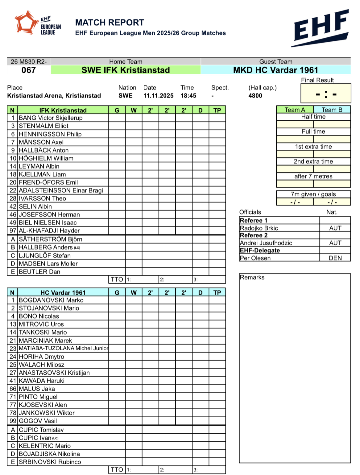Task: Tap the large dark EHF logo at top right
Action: tap(321, 28)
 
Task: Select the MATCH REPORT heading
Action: tap(110, 23)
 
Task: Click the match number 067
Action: tap(28, 70)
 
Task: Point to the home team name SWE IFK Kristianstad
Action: tap(126, 70)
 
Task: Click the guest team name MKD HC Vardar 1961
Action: tap(275, 70)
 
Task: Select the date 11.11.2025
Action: tap(158, 96)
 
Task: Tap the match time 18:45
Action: tap(188, 96)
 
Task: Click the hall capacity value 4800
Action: tap(255, 96)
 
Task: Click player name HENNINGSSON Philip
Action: tap(50, 134)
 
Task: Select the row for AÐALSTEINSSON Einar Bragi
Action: tap(61, 190)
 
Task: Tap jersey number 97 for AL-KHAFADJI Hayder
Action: tap(13, 231)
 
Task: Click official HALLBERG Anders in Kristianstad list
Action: tap(46, 248)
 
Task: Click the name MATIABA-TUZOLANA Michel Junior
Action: tap(63, 348)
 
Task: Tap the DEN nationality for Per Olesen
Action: tap(335, 258)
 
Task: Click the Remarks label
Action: tap(252, 277)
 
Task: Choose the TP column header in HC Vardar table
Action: tap(217, 293)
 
